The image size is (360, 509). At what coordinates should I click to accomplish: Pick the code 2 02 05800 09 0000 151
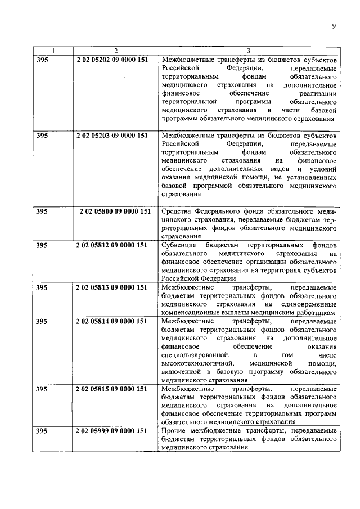coord(115,211)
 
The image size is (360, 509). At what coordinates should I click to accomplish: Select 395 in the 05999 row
coord(42,431)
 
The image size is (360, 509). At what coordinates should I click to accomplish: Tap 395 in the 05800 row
coord(42,211)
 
